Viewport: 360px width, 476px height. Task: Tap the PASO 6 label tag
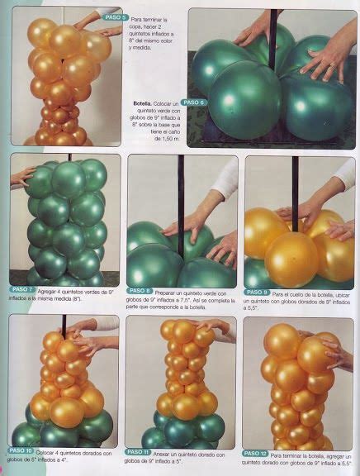pos(195,102)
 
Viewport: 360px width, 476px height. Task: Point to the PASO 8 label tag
pos(139,291)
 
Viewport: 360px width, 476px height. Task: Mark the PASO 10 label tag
pos(21,450)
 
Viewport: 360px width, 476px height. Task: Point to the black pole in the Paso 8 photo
pos(181,198)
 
